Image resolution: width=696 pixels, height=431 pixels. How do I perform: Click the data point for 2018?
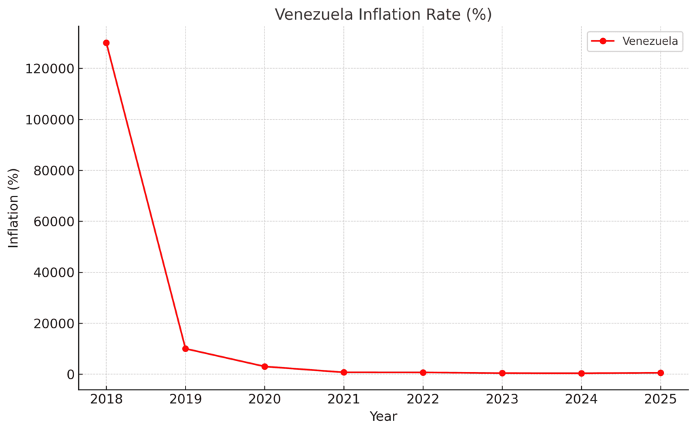106,43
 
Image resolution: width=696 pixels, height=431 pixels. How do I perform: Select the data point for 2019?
186,349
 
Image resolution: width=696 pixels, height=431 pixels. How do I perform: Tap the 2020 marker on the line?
264,366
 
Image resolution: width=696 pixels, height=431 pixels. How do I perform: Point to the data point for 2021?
344,373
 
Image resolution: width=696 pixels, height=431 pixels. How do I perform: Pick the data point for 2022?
423,373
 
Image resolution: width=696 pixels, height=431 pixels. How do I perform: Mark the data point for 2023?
502,373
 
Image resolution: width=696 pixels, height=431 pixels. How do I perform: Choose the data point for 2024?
581,373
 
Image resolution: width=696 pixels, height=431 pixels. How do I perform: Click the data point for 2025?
661,373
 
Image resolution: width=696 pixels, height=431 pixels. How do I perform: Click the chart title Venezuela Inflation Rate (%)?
383,14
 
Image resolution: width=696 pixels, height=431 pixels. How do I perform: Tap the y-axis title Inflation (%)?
14,208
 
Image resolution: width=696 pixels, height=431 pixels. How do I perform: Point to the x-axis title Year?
383,417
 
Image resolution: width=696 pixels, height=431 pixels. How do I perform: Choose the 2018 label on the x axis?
106,399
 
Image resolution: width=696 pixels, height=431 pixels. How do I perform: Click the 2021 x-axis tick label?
344,399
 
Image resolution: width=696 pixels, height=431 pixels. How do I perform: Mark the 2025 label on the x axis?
661,399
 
